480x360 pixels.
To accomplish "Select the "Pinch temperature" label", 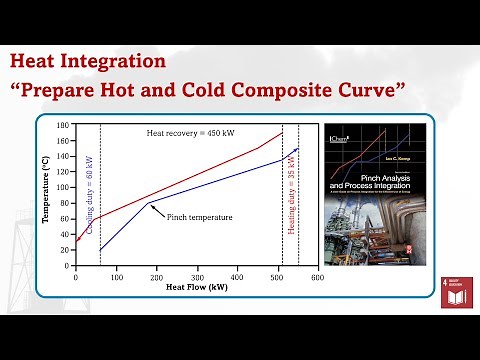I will click(x=200, y=217).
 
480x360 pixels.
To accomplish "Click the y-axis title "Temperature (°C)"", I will click(x=46, y=195).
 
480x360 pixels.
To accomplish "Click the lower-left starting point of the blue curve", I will click(x=100, y=250).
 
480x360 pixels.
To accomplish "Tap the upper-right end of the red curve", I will click(x=282, y=133).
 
